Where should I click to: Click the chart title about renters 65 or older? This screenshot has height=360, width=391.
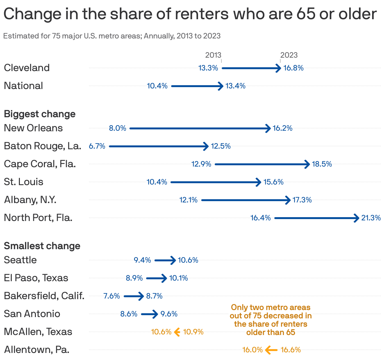[x=190, y=14]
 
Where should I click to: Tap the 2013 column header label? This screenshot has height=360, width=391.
[x=213, y=55]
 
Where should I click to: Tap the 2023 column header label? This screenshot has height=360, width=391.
[x=289, y=55]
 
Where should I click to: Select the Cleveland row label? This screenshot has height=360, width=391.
[x=27, y=68]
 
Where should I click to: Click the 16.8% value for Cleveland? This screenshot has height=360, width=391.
[x=293, y=68]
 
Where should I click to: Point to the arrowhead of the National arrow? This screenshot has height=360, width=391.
[x=220, y=86]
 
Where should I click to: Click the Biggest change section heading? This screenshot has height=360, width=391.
[x=40, y=114]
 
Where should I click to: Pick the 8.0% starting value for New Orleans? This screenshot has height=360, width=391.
[x=118, y=128]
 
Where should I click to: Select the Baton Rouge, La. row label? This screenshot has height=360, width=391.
[x=42, y=146]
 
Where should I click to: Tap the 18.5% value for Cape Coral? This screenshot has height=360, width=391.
[x=322, y=164]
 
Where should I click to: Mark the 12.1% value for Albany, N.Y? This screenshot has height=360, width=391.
[x=188, y=200]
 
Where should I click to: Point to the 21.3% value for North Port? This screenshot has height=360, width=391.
[x=371, y=218]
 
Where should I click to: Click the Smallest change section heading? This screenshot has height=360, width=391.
[x=42, y=246]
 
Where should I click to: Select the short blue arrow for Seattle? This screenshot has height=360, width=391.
[x=165, y=260]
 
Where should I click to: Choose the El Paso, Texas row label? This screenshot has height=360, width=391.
[x=36, y=278]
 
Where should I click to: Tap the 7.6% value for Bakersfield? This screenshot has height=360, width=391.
[x=112, y=296]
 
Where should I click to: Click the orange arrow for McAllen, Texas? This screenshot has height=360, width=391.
[x=177, y=332]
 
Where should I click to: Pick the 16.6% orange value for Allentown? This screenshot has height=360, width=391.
[x=291, y=350]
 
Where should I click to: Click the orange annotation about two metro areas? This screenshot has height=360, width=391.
[x=270, y=320]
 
